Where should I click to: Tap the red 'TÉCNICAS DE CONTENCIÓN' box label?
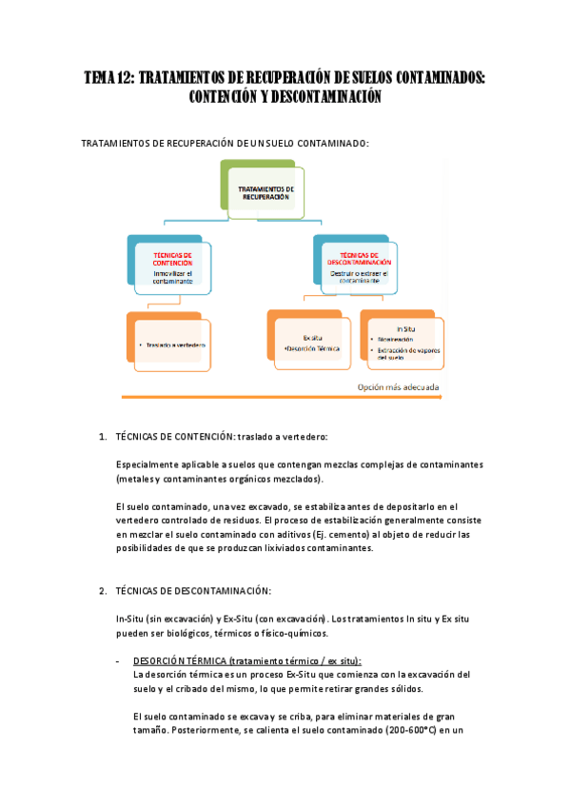tap(172, 259)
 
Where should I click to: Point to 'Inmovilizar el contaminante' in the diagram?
tap(172, 277)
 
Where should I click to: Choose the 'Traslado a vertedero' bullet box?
tap(173, 344)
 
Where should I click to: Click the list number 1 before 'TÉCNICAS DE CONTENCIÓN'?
tap(103, 437)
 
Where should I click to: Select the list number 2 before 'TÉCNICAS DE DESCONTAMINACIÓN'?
tap(103, 591)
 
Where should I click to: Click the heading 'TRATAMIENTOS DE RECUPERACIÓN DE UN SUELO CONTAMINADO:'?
tap(226, 144)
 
